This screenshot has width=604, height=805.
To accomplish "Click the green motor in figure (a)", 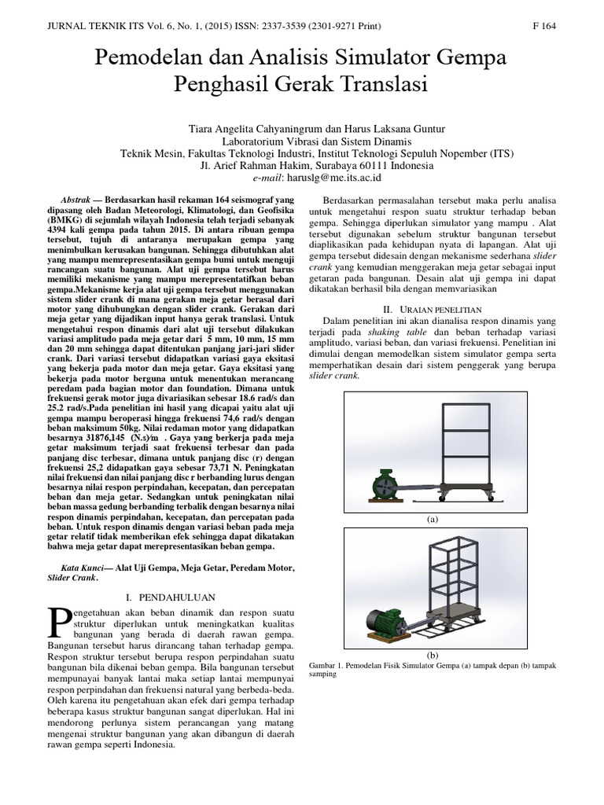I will pos(385,486).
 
